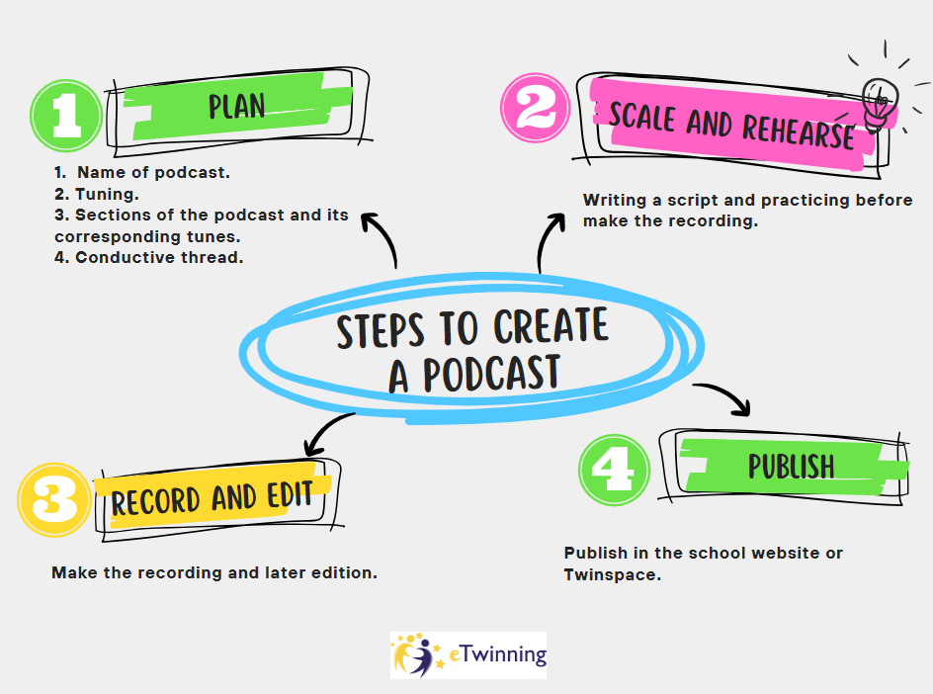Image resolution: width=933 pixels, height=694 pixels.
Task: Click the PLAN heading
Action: click(237, 106)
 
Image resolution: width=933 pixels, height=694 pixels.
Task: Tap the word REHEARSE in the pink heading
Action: click(799, 130)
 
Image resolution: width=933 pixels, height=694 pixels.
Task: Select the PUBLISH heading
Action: click(791, 466)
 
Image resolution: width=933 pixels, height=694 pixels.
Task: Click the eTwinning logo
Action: click(468, 654)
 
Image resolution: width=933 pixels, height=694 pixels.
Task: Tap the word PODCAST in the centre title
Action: click(491, 373)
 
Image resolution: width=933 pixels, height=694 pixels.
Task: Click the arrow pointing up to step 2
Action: click(546, 237)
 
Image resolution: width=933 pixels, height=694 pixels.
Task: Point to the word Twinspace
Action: click(612, 574)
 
